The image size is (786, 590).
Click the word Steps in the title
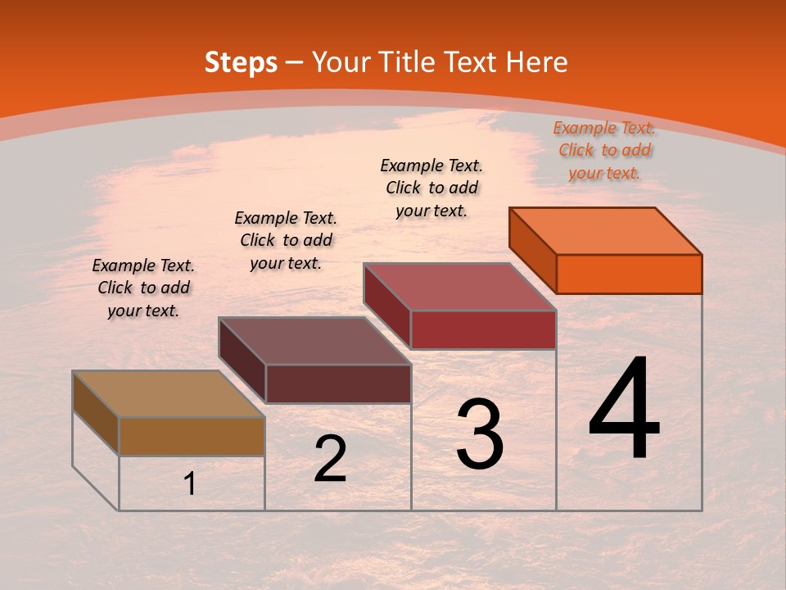click(x=241, y=62)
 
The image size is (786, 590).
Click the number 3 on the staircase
click(x=480, y=434)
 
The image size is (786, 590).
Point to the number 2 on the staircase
click(x=330, y=459)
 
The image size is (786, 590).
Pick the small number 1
click(x=190, y=483)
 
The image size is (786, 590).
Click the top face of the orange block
click(x=606, y=231)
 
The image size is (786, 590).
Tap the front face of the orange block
click(x=629, y=274)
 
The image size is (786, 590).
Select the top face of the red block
click(x=460, y=287)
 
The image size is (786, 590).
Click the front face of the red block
click(x=483, y=329)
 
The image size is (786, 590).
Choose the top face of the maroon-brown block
click(x=315, y=341)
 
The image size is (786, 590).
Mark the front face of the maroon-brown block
click(x=338, y=383)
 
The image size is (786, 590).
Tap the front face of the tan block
click(x=192, y=436)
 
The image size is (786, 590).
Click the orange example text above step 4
click(x=604, y=150)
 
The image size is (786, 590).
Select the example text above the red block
click(x=431, y=188)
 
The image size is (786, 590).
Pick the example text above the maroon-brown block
click(x=286, y=240)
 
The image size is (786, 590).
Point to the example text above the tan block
click(x=143, y=288)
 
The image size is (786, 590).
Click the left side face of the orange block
click(x=532, y=249)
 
